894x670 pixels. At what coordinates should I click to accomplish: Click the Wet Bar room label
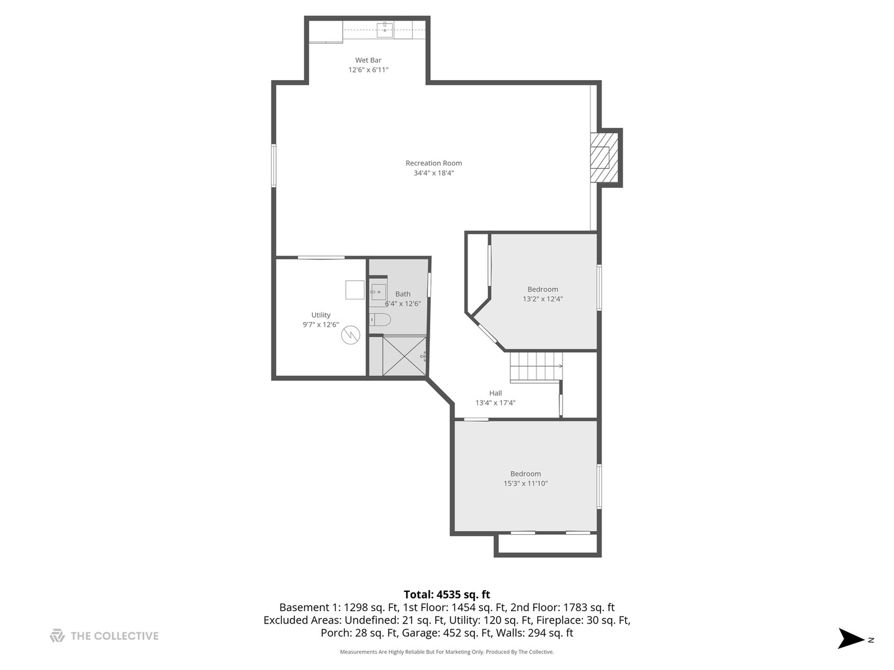(x=368, y=60)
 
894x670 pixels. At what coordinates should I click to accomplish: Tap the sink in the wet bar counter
(x=385, y=29)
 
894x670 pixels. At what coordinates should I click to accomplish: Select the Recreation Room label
(x=434, y=163)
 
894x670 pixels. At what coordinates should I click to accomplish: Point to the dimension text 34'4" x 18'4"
(x=434, y=173)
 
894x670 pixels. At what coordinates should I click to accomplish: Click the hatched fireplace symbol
(x=603, y=158)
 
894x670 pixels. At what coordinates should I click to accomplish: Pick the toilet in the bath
(x=380, y=319)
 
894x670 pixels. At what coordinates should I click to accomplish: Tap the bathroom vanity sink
(x=378, y=292)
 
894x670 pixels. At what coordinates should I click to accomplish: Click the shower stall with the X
(x=404, y=355)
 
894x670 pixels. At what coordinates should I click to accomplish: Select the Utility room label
(x=321, y=315)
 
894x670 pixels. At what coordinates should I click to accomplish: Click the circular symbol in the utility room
(x=351, y=336)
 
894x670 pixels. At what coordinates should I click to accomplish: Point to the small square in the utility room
(x=354, y=290)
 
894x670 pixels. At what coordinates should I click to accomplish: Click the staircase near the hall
(x=536, y=367)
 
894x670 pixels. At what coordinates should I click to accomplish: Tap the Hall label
(x=495, y=393)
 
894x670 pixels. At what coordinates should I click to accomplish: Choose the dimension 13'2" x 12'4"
(x=543, y=299)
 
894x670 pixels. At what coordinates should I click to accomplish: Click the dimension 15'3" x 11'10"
(x=526, y=483)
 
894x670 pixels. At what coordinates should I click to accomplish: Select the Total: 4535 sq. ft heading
(x=447, y=594)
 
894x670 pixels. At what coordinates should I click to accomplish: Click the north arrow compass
(x=851, y=638)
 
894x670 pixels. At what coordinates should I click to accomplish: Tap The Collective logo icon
(x=57, y=635)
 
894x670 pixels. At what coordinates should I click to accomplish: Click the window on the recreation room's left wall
(x=273, y=165)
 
